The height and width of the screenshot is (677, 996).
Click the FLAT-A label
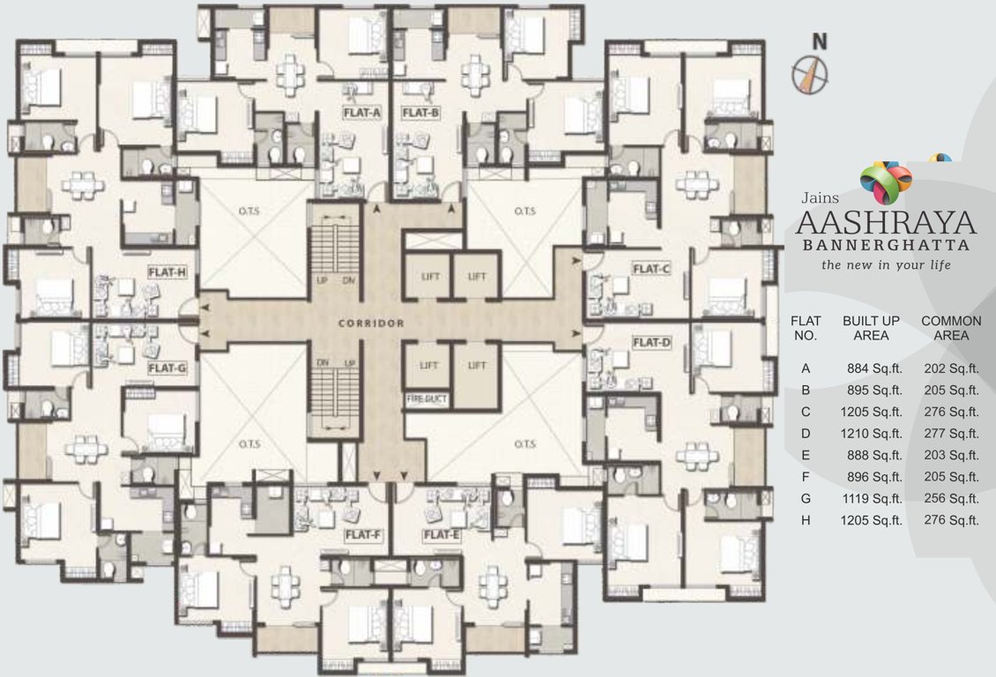coord(361,113)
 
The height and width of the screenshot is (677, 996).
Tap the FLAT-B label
coord(420,113)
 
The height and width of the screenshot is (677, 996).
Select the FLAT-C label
coord(651,268)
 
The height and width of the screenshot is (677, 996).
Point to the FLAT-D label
coord(651,342)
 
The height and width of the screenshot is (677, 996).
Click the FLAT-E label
coord(442,535)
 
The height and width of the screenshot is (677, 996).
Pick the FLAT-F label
coord(363,535)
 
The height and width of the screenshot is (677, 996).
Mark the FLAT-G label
coord(167,368)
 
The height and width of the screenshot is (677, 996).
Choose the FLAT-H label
coord(167,272)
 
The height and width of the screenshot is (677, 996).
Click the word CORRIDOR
coord(371,324)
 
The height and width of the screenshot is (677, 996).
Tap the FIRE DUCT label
coord(427,398)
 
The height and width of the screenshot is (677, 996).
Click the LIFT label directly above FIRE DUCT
coord(429,364)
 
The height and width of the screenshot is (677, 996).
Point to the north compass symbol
coord(811,73)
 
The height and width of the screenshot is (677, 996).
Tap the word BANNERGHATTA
coord(887,245)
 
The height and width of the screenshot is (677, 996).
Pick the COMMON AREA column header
coord(951,328)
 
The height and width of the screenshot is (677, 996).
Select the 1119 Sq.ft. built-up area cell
coord(872,498)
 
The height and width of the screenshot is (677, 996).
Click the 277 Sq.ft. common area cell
coord(951,433)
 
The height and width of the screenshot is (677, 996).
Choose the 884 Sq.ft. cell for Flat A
coord(872,368)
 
